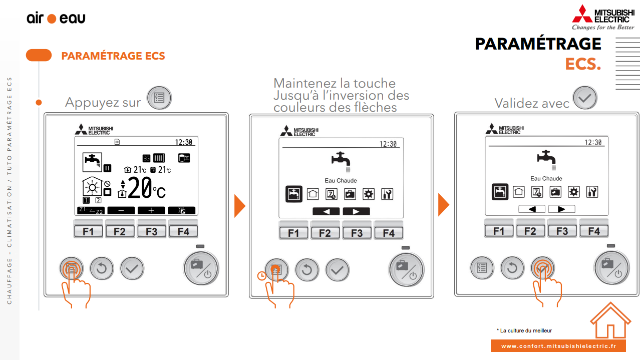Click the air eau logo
click(56, 18)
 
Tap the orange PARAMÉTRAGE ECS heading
click(113, 56)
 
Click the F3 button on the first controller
click(151, 231)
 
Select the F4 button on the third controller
click(594, 231)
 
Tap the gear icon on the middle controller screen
click(368, 194)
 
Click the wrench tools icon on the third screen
click(592, 192)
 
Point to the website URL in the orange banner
click(558, 346)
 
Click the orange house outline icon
click(610, 320)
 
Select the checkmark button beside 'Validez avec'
click(585, 98)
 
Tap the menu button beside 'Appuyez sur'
click(159, 98)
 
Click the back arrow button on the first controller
click(102, 268)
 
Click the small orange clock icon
click(262, 276)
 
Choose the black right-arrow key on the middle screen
click(356, 211)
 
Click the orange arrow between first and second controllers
click(240, 206)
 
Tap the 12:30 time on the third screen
click(593, 142)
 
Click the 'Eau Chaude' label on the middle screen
click(341, 181)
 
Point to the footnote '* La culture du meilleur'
click(524, 330)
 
